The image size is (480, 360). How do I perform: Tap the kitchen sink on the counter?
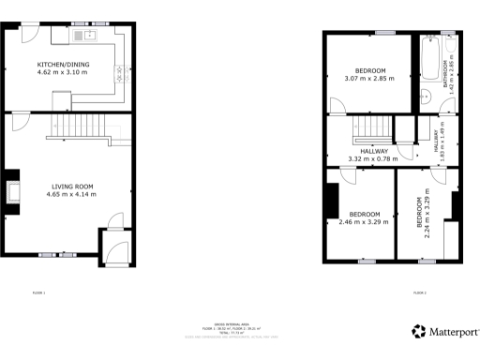coord(91,37)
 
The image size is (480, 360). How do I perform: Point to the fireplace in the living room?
coord(13,188)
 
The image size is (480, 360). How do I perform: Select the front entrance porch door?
coord(117,251)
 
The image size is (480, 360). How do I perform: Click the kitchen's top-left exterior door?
coord(31,31)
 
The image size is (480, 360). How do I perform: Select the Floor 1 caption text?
coord(38,293)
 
